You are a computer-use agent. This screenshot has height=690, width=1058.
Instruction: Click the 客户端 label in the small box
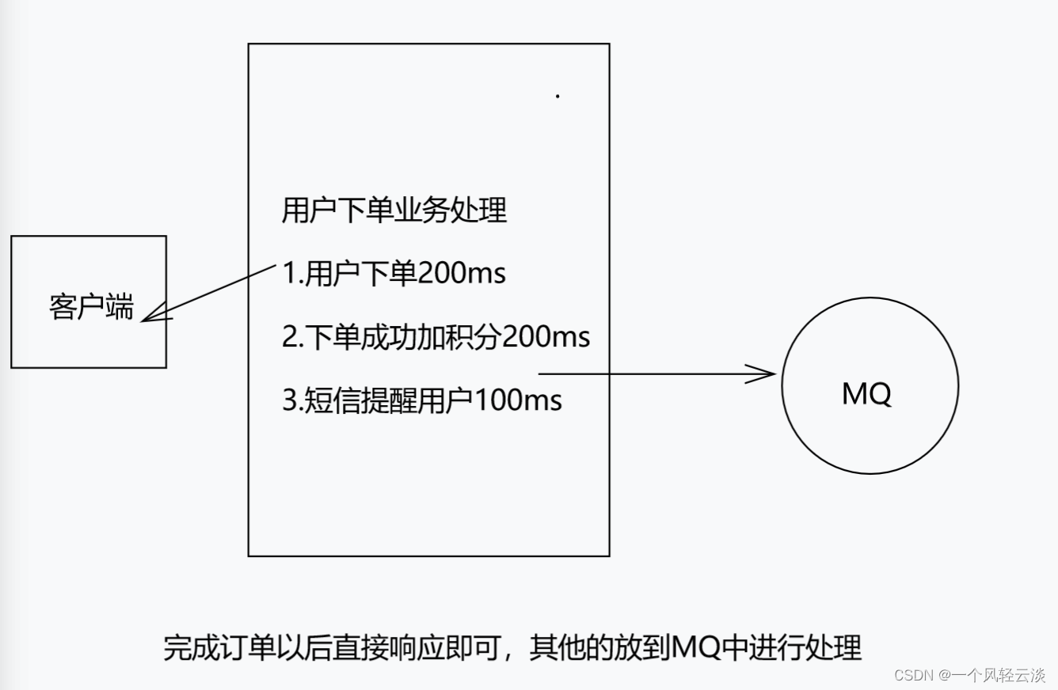(91, 307)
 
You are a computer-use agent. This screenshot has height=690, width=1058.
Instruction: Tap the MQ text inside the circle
(866, 392)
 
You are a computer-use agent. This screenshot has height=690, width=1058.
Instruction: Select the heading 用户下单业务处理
(394, 211)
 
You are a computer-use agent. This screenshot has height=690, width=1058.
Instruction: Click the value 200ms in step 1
(461, 274)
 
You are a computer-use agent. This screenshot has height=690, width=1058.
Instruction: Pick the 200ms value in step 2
(546, 337)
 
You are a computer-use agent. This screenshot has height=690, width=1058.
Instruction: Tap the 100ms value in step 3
(518, 400)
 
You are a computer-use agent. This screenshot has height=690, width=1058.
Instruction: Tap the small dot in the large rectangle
(558, 97)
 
